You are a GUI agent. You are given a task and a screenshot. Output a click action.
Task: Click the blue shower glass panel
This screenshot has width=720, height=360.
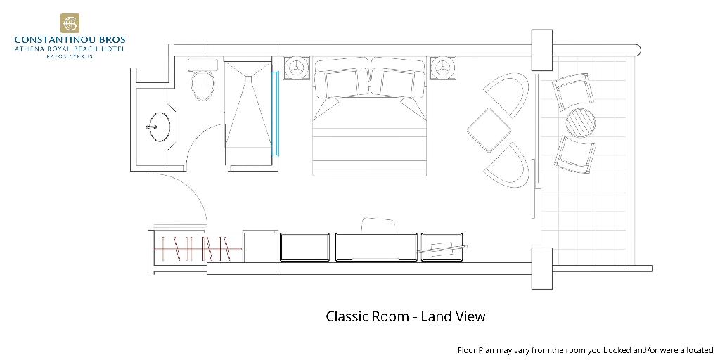click(276, 113)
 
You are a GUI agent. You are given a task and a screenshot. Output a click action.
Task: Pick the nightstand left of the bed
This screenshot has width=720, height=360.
click(296, 68)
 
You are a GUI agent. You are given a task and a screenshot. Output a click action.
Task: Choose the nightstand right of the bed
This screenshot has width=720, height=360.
click(443, 68)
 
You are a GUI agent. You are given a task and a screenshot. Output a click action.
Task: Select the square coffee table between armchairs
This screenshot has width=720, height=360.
click(489, 130)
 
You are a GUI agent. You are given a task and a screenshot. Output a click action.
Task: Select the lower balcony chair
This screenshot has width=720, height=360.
click(574, 155)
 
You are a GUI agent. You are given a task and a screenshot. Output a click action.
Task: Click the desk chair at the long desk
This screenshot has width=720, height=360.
click(378, 226)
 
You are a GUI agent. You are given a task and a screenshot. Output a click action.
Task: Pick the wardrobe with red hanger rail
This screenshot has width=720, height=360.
click(198, 248)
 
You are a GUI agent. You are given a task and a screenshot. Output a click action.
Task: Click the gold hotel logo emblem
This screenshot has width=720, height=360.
click(70, 23)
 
